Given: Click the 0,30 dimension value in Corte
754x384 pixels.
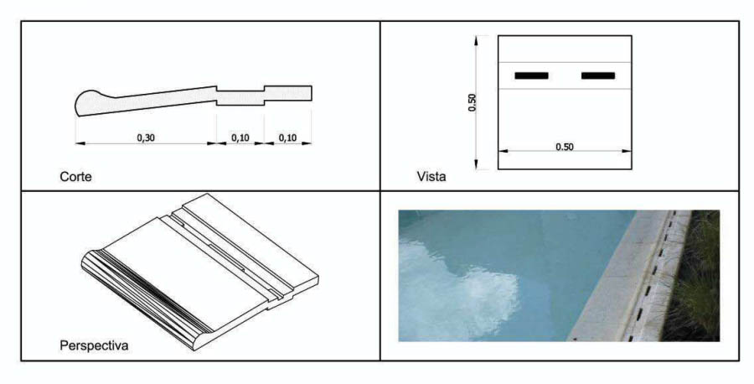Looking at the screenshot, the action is [146, 138].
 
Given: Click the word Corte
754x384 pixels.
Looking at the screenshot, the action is [75, 177].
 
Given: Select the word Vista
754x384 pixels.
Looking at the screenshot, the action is [431, 177].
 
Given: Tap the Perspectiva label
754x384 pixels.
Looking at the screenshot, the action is [94, 345].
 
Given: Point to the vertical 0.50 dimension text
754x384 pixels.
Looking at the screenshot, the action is [473, 102].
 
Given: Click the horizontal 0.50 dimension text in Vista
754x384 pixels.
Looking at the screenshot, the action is [565, 147].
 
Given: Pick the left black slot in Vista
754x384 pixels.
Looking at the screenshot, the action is [531, 75].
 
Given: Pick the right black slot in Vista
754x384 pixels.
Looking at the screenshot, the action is [598, 75].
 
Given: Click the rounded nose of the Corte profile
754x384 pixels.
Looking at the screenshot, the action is [87, 102].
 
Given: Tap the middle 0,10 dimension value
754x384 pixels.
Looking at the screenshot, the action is [240, 138].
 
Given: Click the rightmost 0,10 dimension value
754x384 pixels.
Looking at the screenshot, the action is [287, 138].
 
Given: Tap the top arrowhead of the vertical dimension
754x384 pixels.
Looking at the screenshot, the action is [476, 40].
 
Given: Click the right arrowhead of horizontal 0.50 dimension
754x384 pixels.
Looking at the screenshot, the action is [627, 151].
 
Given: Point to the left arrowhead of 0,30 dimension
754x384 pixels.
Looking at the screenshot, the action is [80, 143].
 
